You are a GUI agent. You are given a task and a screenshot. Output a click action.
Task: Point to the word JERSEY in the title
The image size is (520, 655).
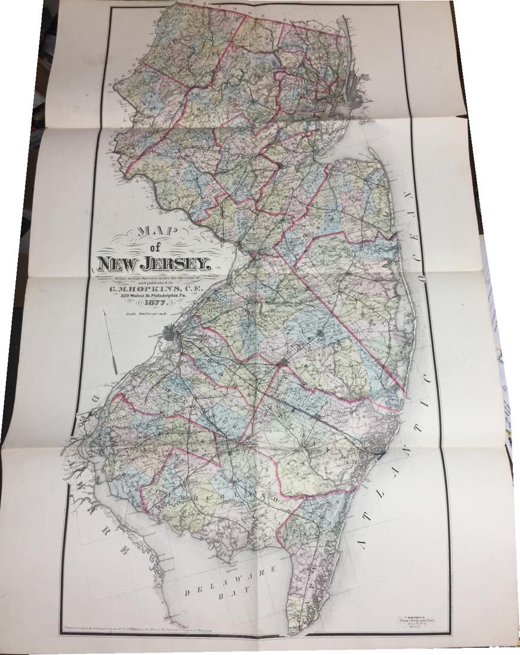point(176,263)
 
